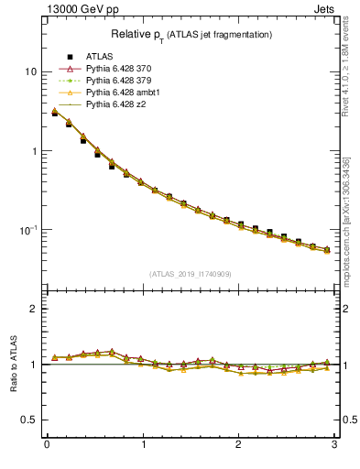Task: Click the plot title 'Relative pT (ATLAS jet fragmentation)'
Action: coord(191,34)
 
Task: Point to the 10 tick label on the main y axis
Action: coord(30,71)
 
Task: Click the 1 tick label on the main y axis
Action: coord(33,150)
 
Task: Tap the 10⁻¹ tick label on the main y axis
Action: coord(28,229)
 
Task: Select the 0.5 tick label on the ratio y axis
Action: coord(29,420)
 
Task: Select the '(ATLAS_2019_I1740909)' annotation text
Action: coord(191,273)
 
